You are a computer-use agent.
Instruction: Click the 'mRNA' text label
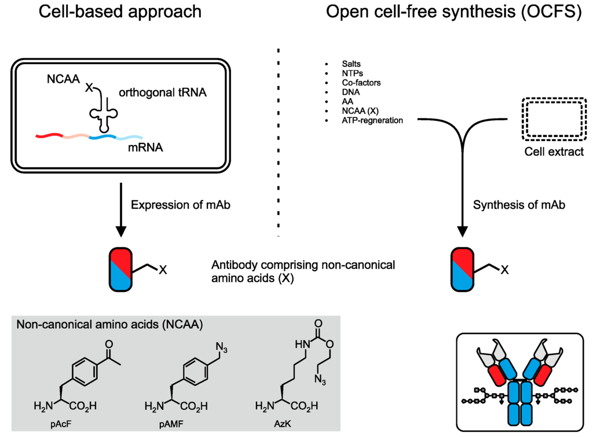tap(145, 148)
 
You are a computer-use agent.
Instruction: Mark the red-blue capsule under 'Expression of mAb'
tap(122, 269)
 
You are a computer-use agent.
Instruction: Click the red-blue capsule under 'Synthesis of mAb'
tap(463, 269)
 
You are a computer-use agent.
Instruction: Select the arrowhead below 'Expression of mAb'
tap(121, 231)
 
